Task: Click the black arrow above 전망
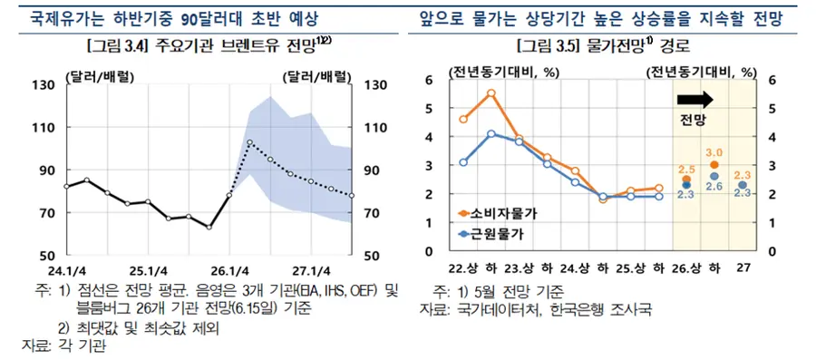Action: click(695, 99)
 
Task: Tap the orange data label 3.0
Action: click(714, 152)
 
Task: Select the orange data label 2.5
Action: click(686, 169)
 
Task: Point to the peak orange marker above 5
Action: click(491, 93)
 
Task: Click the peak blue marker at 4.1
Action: click(491, 134)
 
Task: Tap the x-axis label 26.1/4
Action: click(230, 270)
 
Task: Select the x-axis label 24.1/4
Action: click(66, 270)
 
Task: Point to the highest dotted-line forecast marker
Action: click(250, 142)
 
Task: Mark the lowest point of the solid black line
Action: click(209, 228)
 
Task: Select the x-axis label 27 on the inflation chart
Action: click(743, 268)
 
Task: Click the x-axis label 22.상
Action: click(463, 268)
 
